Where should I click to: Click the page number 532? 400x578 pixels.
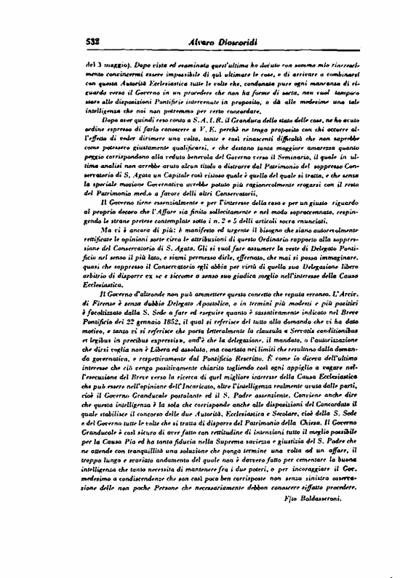(97, 43)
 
